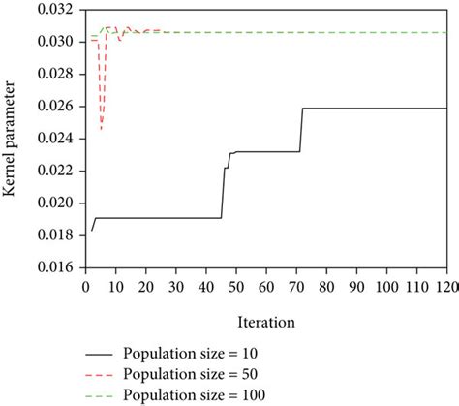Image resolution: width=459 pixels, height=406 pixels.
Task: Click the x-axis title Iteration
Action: point(264,290)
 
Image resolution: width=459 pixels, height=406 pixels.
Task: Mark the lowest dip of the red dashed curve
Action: point(102,129)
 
